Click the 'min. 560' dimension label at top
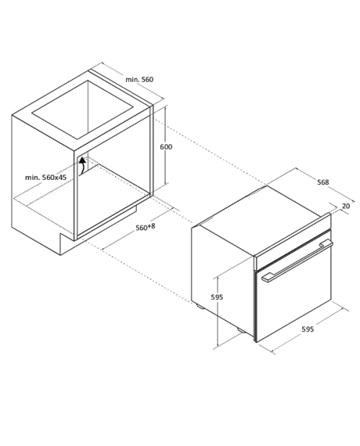pyautogui.click(x=140, y=79)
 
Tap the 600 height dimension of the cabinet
pyautogui.click(x=166, y=147)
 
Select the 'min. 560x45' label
pyautogui.click(x=46, y=177)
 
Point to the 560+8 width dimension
pyautogui.click(x=145, y=227)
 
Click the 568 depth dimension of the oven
pyautogui.click(x=323, y=182)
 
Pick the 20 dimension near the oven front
pyautogui.click(x=346, y=206)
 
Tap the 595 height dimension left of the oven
pyautogui.click(x=217, y=297)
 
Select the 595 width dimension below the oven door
pyautogui.click(x=307, y=329)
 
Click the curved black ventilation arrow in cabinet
pyautogui.click(x=82, y=166)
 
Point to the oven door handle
pyautogui.click(x=297, y=260)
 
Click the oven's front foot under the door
pyautogui.click(x=242, y=330)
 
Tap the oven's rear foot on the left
pyautogui.click(x=199, y=306)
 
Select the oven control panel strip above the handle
pyautogui.click(x=293, y=241)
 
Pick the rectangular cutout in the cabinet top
pyautogui.click(x=83, y=110)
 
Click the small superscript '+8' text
pyautogui.click(x=151, y=226)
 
